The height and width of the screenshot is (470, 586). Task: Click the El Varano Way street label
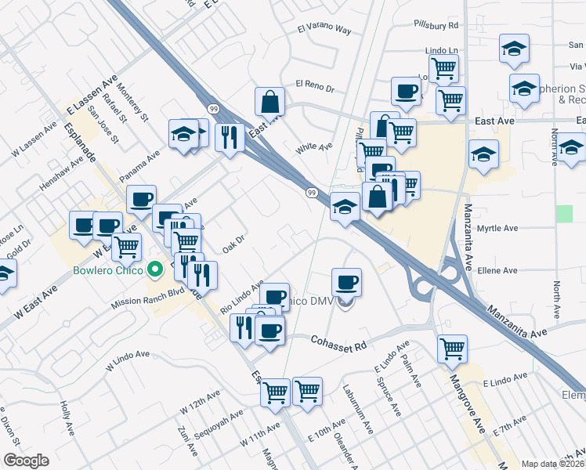(x=324, y=30)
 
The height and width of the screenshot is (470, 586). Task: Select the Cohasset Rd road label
(x=338, y=343)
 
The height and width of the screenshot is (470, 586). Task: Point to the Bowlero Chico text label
(x=108, y=271)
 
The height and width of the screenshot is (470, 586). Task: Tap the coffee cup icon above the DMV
(x=346, y=282)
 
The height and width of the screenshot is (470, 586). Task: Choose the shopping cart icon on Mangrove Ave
(x=453, y=349)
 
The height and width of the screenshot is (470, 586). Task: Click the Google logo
(x=25, y=461)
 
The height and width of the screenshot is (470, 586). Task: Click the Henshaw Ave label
(x=61, y=175)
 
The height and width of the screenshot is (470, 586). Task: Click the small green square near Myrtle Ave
(x=564, y=213)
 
